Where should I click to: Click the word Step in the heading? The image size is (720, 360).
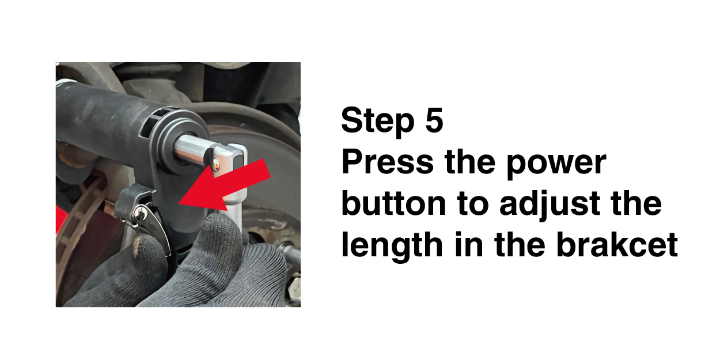tap(377, 121)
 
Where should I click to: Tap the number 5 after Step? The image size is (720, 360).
tap(434, 120)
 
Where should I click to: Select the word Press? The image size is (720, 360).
tap(387, 162)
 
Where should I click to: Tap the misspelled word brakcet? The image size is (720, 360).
tap(617, 245)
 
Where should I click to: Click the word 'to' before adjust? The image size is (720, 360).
tap(472, 204)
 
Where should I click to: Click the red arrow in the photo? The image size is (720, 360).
tap(225, 185)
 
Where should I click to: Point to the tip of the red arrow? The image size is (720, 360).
tap(179, 204)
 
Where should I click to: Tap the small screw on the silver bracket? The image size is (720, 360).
tap(215, 165)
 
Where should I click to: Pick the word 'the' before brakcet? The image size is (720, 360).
tap(520, 245)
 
